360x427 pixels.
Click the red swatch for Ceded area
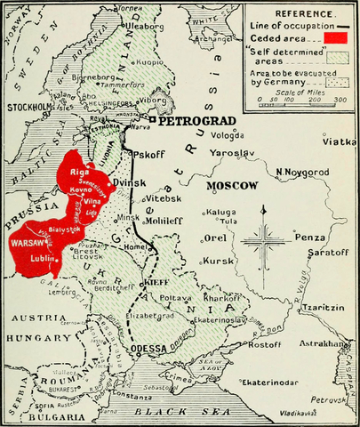(x=335, y=38)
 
